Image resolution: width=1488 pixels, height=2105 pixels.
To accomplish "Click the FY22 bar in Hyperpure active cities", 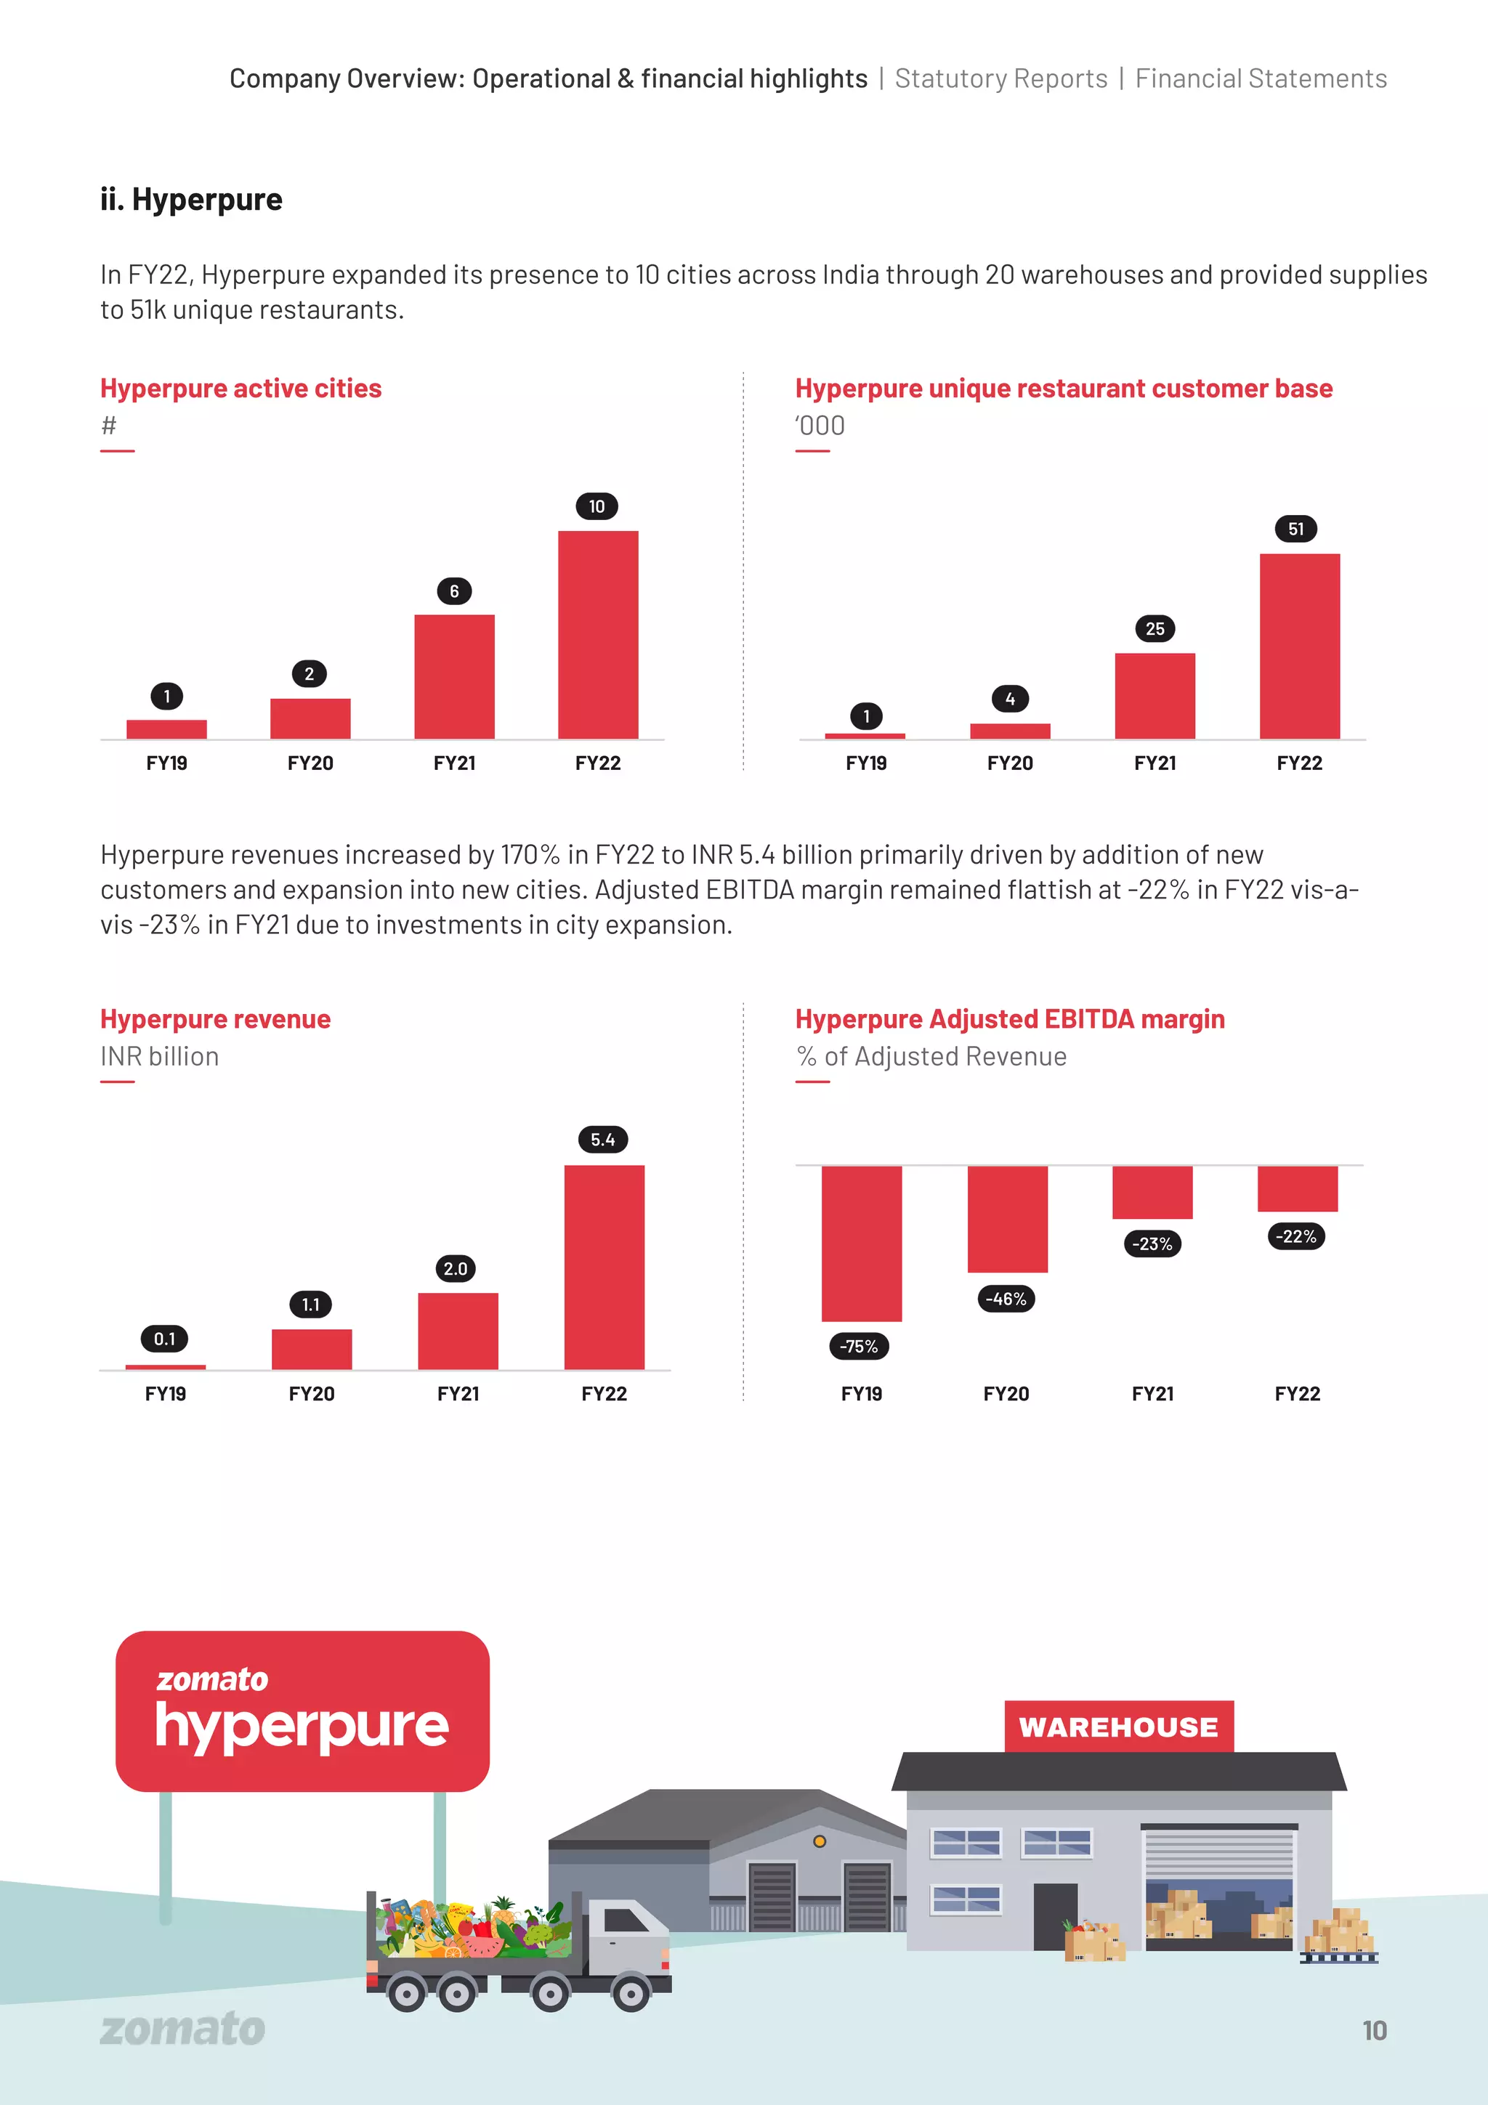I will tap(598, 634).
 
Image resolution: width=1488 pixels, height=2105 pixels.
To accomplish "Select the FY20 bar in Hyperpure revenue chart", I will tap(312, 1349).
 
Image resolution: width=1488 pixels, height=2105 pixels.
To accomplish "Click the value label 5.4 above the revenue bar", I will tap(602, 1140).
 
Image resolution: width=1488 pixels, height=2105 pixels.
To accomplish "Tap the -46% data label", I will tap(1006, 1299).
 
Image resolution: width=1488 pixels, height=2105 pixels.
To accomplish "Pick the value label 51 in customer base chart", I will tap(1295, 529).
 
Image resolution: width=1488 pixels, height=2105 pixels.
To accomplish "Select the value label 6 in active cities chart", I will tap(454, 591).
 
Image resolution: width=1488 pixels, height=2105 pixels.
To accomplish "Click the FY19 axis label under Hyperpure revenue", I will tap(165, 1394).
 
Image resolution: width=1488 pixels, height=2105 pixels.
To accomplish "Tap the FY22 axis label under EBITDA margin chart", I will tap(1298, 1394).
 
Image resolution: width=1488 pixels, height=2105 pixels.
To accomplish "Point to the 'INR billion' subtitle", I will tap(160, 1056).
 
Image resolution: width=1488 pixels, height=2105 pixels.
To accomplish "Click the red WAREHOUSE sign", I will tap(1118, 1727).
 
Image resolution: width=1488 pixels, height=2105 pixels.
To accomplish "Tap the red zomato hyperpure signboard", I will tap(302, 1711).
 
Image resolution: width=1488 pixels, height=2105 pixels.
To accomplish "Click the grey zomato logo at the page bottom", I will tap(182, 2029).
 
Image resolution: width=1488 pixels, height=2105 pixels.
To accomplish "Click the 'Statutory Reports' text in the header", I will tap(1001, 79).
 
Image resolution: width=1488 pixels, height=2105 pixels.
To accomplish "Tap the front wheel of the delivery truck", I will tap(631, 1992).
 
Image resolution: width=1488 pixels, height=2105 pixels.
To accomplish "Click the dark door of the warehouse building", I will tap(1055, 1916).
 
